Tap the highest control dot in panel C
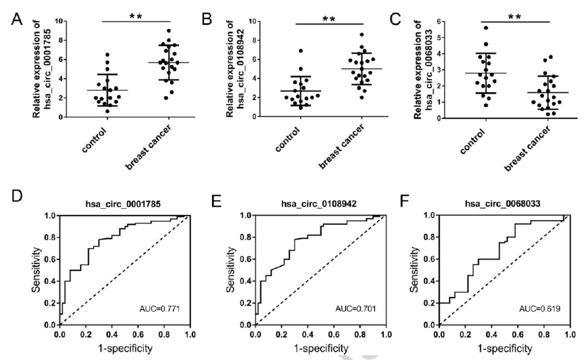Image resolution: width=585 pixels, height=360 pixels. coord(486,28)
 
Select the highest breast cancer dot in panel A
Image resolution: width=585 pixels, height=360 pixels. coord(169,31)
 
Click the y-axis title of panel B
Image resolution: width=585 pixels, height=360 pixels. coord(236,68)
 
